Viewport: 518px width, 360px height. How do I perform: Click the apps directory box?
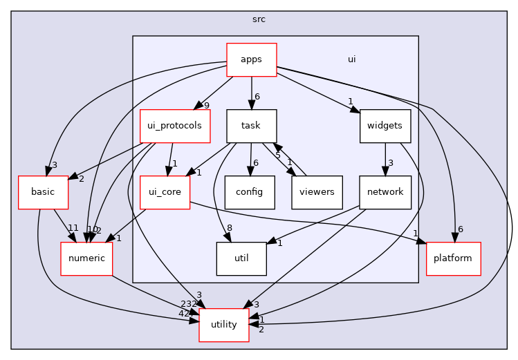[x=252, y=59]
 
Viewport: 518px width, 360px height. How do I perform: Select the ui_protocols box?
[x=175, y=126]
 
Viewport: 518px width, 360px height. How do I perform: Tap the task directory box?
[x=252, y=126]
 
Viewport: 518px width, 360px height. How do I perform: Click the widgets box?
[x=385, y=126]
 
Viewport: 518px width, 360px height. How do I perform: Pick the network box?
[x=385, y=192]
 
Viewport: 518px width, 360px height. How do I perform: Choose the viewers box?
[x=317, y=192]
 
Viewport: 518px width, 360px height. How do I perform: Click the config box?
[x=250, y=192]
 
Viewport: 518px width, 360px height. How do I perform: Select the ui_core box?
[x=165, y=192]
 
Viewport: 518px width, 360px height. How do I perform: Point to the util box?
[x=241, y=258]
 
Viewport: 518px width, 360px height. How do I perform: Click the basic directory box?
[x=43, y=192]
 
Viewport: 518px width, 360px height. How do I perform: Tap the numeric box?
[x=86, y=258]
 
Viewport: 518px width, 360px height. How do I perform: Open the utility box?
[x=224, y=324]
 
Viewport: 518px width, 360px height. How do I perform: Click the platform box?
[x=453, y=258]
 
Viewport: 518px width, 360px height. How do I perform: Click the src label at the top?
[x=259, y=19]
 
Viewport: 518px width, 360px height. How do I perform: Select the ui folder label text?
[x=351, y=59]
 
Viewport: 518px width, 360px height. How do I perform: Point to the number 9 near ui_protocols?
[x=206, y=106]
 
